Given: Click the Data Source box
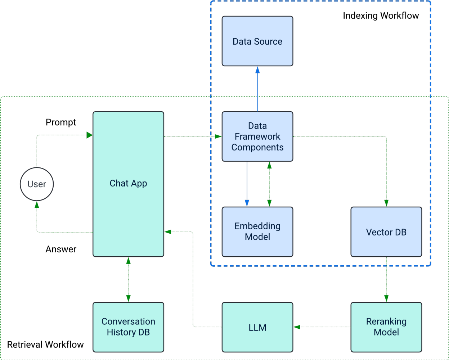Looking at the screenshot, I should pos(257,41).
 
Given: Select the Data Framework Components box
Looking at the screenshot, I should pos(257,136).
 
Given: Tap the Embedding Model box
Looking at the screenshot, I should pos(257,231).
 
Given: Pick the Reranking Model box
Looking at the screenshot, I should pos(386,327).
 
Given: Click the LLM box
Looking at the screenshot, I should pos(257,327).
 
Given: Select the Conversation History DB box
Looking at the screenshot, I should pos(128,327).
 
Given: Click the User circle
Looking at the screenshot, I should pos(37,184).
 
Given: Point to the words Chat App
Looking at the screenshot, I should pos(128,183).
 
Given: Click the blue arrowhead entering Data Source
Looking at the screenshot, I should pos(257,70).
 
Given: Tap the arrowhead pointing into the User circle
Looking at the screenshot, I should pos(37,204).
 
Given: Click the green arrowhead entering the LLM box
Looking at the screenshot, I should pos(297,327).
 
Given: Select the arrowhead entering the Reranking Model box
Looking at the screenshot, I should pos(386,298).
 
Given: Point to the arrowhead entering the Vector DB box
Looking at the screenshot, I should pos(386,203).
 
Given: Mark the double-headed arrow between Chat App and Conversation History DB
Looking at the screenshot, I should pos(128,279).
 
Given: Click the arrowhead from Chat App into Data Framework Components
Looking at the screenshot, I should pos(218,136).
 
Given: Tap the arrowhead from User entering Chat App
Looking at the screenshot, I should pos(89,135).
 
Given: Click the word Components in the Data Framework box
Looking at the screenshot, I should pos(257,147).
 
